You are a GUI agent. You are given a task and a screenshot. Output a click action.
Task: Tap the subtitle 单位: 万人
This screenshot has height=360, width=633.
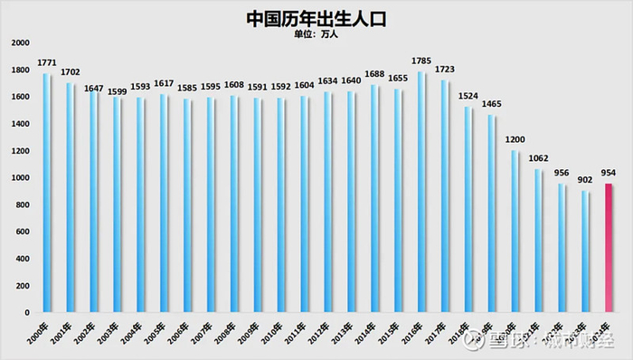pos(316,36)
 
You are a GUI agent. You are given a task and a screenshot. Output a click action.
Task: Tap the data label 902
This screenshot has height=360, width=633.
pos(584,180)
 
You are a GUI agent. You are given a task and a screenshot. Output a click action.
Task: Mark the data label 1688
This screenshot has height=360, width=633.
pos(373,74)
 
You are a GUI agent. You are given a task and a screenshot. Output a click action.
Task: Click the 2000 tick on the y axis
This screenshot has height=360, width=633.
pos(21,43)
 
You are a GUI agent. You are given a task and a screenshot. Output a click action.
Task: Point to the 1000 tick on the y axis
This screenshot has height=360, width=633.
pos(21,177)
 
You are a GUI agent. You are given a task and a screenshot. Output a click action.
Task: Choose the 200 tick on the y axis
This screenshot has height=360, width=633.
pos(23,285)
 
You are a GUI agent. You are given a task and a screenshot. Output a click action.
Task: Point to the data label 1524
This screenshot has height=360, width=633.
pos(468,96)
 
